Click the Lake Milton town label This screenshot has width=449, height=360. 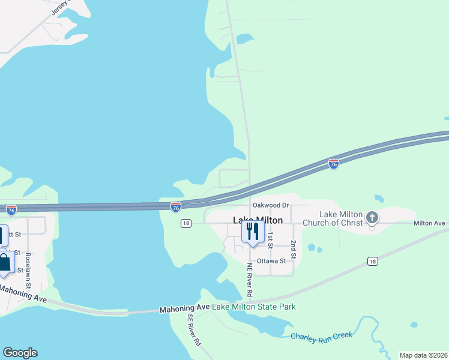click(258, 220)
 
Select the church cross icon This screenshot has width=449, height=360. click(372, 217)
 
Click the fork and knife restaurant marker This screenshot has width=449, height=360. click(252, 232)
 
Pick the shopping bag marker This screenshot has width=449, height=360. click(5, 263)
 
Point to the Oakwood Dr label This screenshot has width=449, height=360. click(271, 205)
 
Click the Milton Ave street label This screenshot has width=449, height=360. click(429, 223)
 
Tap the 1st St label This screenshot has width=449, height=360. click(271, 240)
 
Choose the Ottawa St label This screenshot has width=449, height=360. click(271, 262)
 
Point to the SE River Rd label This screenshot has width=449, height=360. click(194, 331)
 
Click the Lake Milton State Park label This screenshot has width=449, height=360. click(255, 307)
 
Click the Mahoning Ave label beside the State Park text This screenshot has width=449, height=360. click(184, 308)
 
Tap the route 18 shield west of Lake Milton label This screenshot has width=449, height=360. click(185, 223)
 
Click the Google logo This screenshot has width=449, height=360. click(20, 353)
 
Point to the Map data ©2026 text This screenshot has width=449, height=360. click(423, 355)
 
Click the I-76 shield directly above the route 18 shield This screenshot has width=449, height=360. click(175, 207)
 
